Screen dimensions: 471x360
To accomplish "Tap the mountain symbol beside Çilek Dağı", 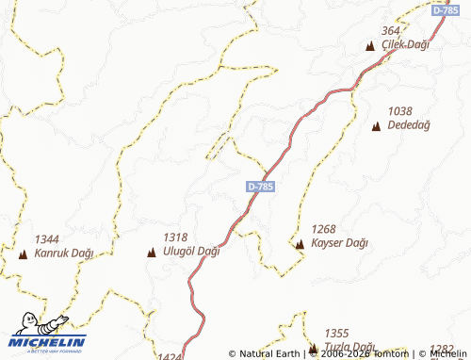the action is [369, 46].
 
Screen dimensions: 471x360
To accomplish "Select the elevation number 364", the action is [391, 31].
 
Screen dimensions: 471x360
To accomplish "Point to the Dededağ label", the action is [407, 124].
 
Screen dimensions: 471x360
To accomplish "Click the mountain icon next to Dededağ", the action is [377, 125].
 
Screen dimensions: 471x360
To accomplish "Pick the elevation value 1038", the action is [399, 110].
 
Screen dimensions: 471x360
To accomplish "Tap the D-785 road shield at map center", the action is [261, 187].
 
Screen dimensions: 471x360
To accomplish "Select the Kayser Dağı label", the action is [339, 242].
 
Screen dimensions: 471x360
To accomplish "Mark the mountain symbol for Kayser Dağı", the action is [300, 244].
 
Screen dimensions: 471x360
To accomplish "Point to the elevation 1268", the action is [324, 228].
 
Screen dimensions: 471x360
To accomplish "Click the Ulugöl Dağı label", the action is [191, 252].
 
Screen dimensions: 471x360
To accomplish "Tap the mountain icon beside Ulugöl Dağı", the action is [152, 253].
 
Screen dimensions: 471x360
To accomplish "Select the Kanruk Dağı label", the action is [64, 253].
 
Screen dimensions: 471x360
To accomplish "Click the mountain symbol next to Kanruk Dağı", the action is [23, 254].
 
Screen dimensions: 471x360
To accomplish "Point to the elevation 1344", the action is [47, 238].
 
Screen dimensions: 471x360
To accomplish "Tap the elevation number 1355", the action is [336, 334].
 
